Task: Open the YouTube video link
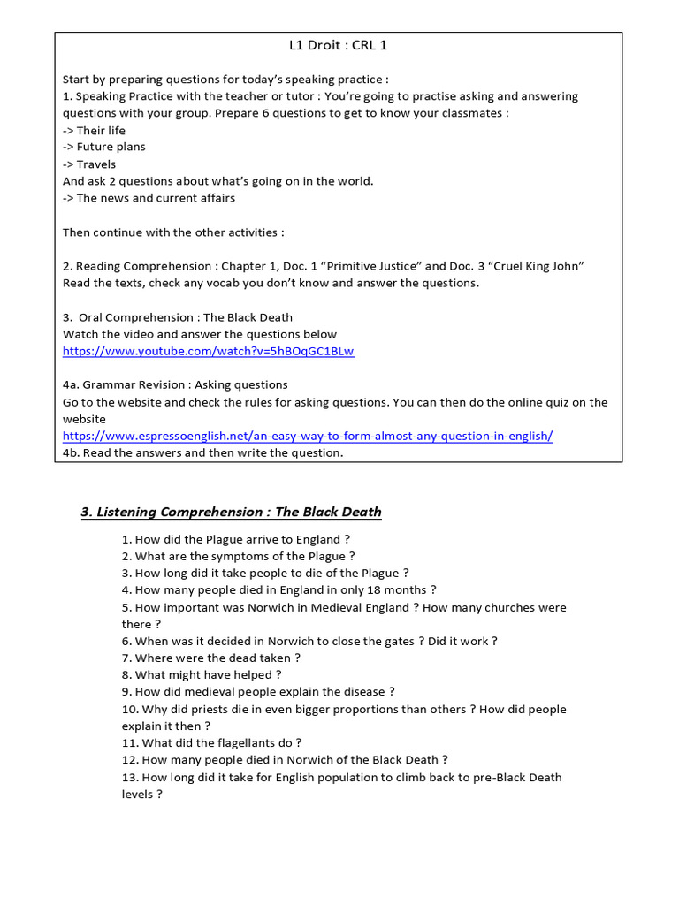click(208, 351)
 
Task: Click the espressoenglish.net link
click(308, 436)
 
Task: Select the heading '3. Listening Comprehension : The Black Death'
click(231, 512)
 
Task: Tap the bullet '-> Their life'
click(94, 130)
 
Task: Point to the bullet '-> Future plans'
click(103, 147)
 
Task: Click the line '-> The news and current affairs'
click(149, 198)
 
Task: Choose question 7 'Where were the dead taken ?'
click(211, 658)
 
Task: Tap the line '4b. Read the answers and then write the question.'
click(202, 452)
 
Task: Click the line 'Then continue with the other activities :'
click(173, 232)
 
